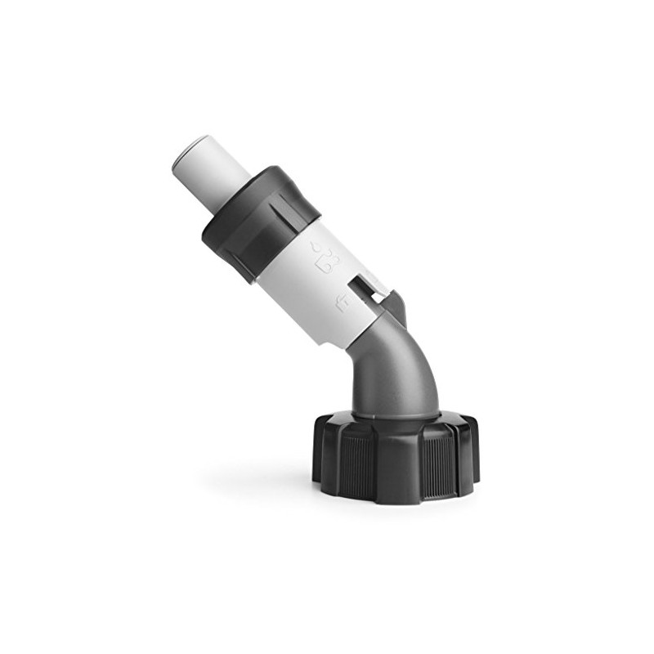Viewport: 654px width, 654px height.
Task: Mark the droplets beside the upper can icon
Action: point(317,246)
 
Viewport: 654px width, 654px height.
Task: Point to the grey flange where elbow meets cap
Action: point(396,414)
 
